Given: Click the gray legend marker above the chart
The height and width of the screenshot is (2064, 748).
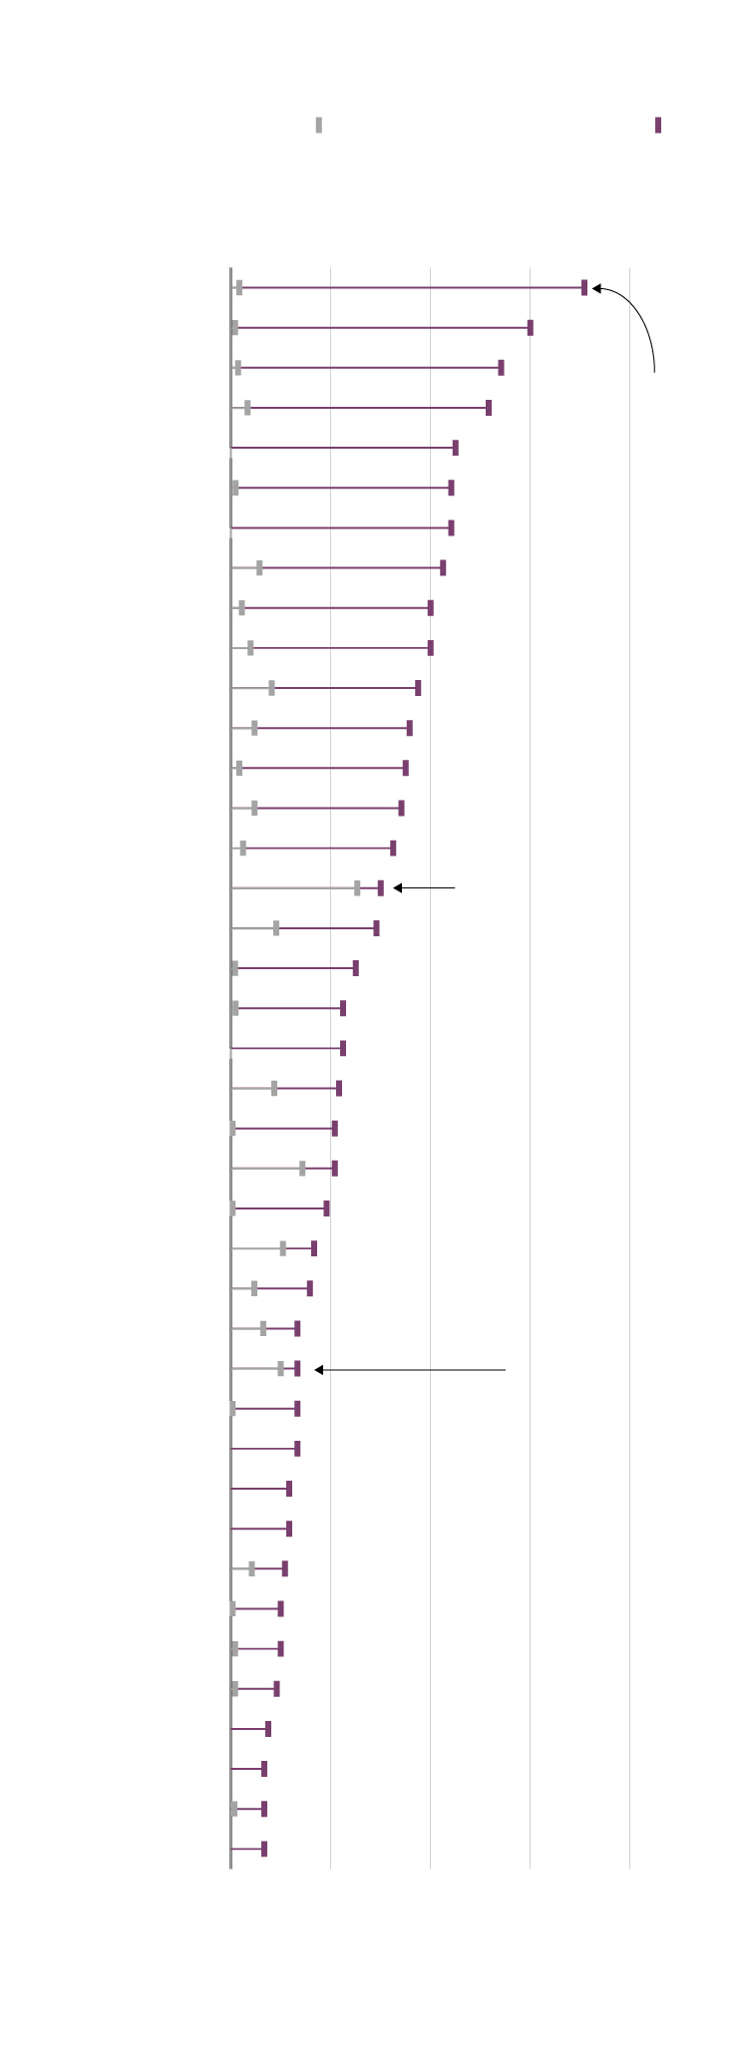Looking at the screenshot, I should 319,125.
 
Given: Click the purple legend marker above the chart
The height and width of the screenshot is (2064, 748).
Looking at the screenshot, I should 658,125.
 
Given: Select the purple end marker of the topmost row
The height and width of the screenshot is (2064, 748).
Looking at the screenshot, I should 584,288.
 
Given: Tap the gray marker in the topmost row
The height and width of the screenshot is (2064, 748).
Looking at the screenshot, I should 239,288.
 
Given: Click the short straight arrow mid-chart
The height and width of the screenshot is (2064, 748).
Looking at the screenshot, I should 425,887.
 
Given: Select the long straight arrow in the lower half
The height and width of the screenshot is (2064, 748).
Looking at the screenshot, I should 410,1370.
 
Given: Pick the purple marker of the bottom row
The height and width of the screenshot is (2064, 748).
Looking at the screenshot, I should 264,1849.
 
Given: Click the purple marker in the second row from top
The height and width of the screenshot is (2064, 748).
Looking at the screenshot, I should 531,328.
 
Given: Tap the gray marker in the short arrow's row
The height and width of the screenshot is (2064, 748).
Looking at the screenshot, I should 357,888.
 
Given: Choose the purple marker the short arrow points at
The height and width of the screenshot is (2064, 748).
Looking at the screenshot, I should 380,888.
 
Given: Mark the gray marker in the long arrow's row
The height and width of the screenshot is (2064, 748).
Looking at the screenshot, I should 281,1369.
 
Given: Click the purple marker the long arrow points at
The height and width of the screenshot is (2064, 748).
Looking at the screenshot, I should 297,1369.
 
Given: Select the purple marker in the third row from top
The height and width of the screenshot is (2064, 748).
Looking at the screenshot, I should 501,368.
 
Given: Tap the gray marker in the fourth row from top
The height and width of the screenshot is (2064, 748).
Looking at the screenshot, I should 247,408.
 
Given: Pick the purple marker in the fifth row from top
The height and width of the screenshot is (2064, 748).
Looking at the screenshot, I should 456,448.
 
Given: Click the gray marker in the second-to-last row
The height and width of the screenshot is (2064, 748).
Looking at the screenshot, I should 234,1809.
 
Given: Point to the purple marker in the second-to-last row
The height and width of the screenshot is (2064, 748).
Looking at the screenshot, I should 264,1809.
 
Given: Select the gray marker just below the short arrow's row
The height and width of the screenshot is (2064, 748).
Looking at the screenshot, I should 276,928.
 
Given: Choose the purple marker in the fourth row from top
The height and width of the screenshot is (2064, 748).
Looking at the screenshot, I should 489,408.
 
